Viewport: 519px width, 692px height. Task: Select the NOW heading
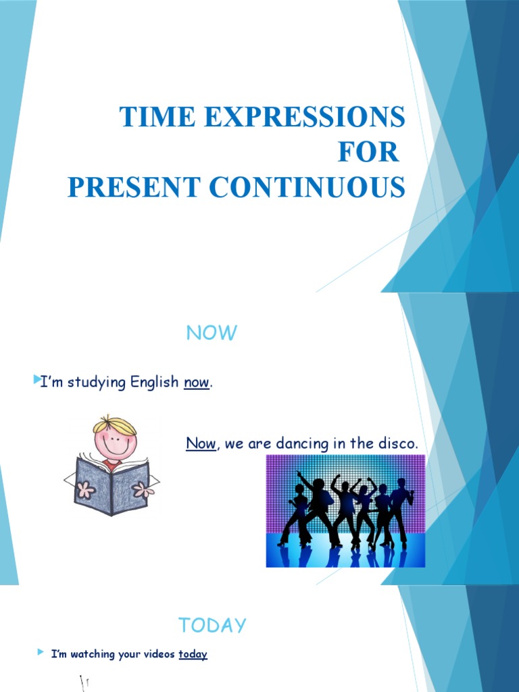212,332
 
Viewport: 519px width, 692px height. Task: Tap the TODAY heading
212,626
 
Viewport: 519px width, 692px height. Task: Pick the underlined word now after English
197,383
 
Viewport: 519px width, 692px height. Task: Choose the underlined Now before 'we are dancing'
201,443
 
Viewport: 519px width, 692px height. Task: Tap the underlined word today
193,654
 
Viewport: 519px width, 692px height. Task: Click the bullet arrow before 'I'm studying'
36,382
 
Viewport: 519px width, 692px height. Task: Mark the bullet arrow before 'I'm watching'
40,653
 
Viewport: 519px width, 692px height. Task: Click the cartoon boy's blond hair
116,425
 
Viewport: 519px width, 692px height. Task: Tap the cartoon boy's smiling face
115,443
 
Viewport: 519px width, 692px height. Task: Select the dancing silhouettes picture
345,510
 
